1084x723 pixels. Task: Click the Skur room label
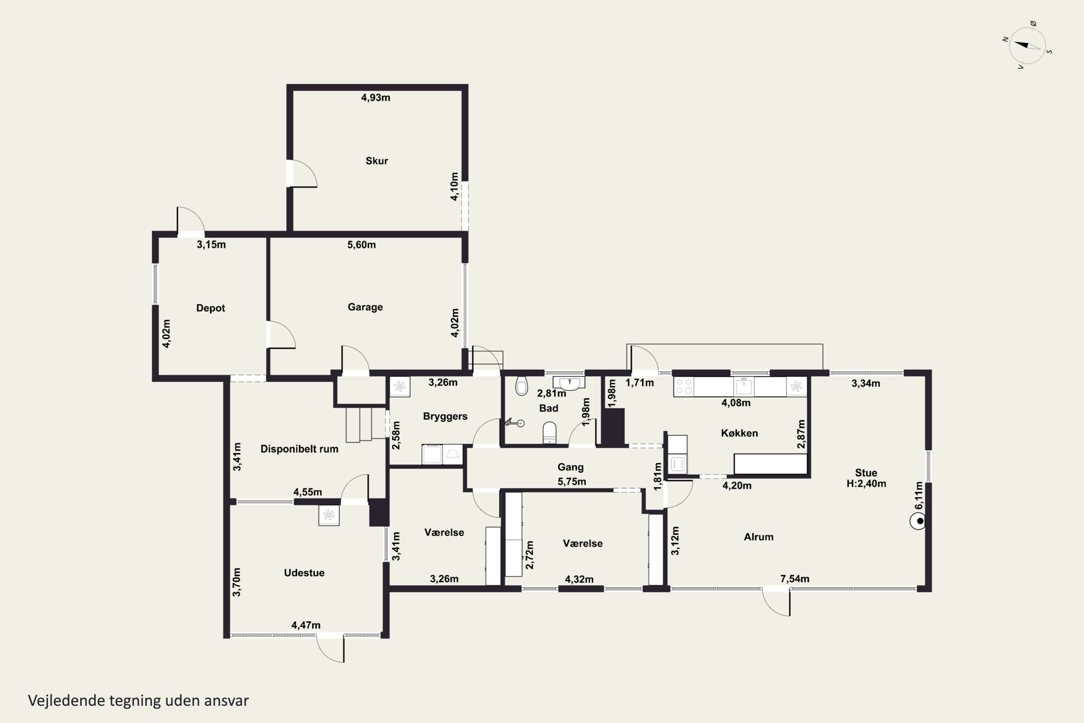[377, 161]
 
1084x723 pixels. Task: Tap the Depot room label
[211, 308]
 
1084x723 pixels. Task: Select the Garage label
[365, 307]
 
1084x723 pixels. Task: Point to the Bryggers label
[445, 416]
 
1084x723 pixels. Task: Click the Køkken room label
[739, 433]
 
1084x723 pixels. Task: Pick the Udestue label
[304, 573]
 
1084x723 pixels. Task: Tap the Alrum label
[758, 537]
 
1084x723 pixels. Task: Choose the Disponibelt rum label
[299, 449]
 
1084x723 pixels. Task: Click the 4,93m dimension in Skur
[376, 98]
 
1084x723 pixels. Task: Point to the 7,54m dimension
[795, 579]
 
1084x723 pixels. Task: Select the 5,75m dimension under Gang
[572, 482]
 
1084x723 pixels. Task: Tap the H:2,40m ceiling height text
[866, 484]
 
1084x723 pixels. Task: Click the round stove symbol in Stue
[918, 522]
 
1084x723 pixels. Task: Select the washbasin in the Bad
[569, 383]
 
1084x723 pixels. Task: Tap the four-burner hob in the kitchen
[684, 386]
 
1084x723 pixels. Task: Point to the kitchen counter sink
[743, 386]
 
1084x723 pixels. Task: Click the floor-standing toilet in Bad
[549, 432]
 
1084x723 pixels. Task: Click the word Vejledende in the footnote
[66, 701]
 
